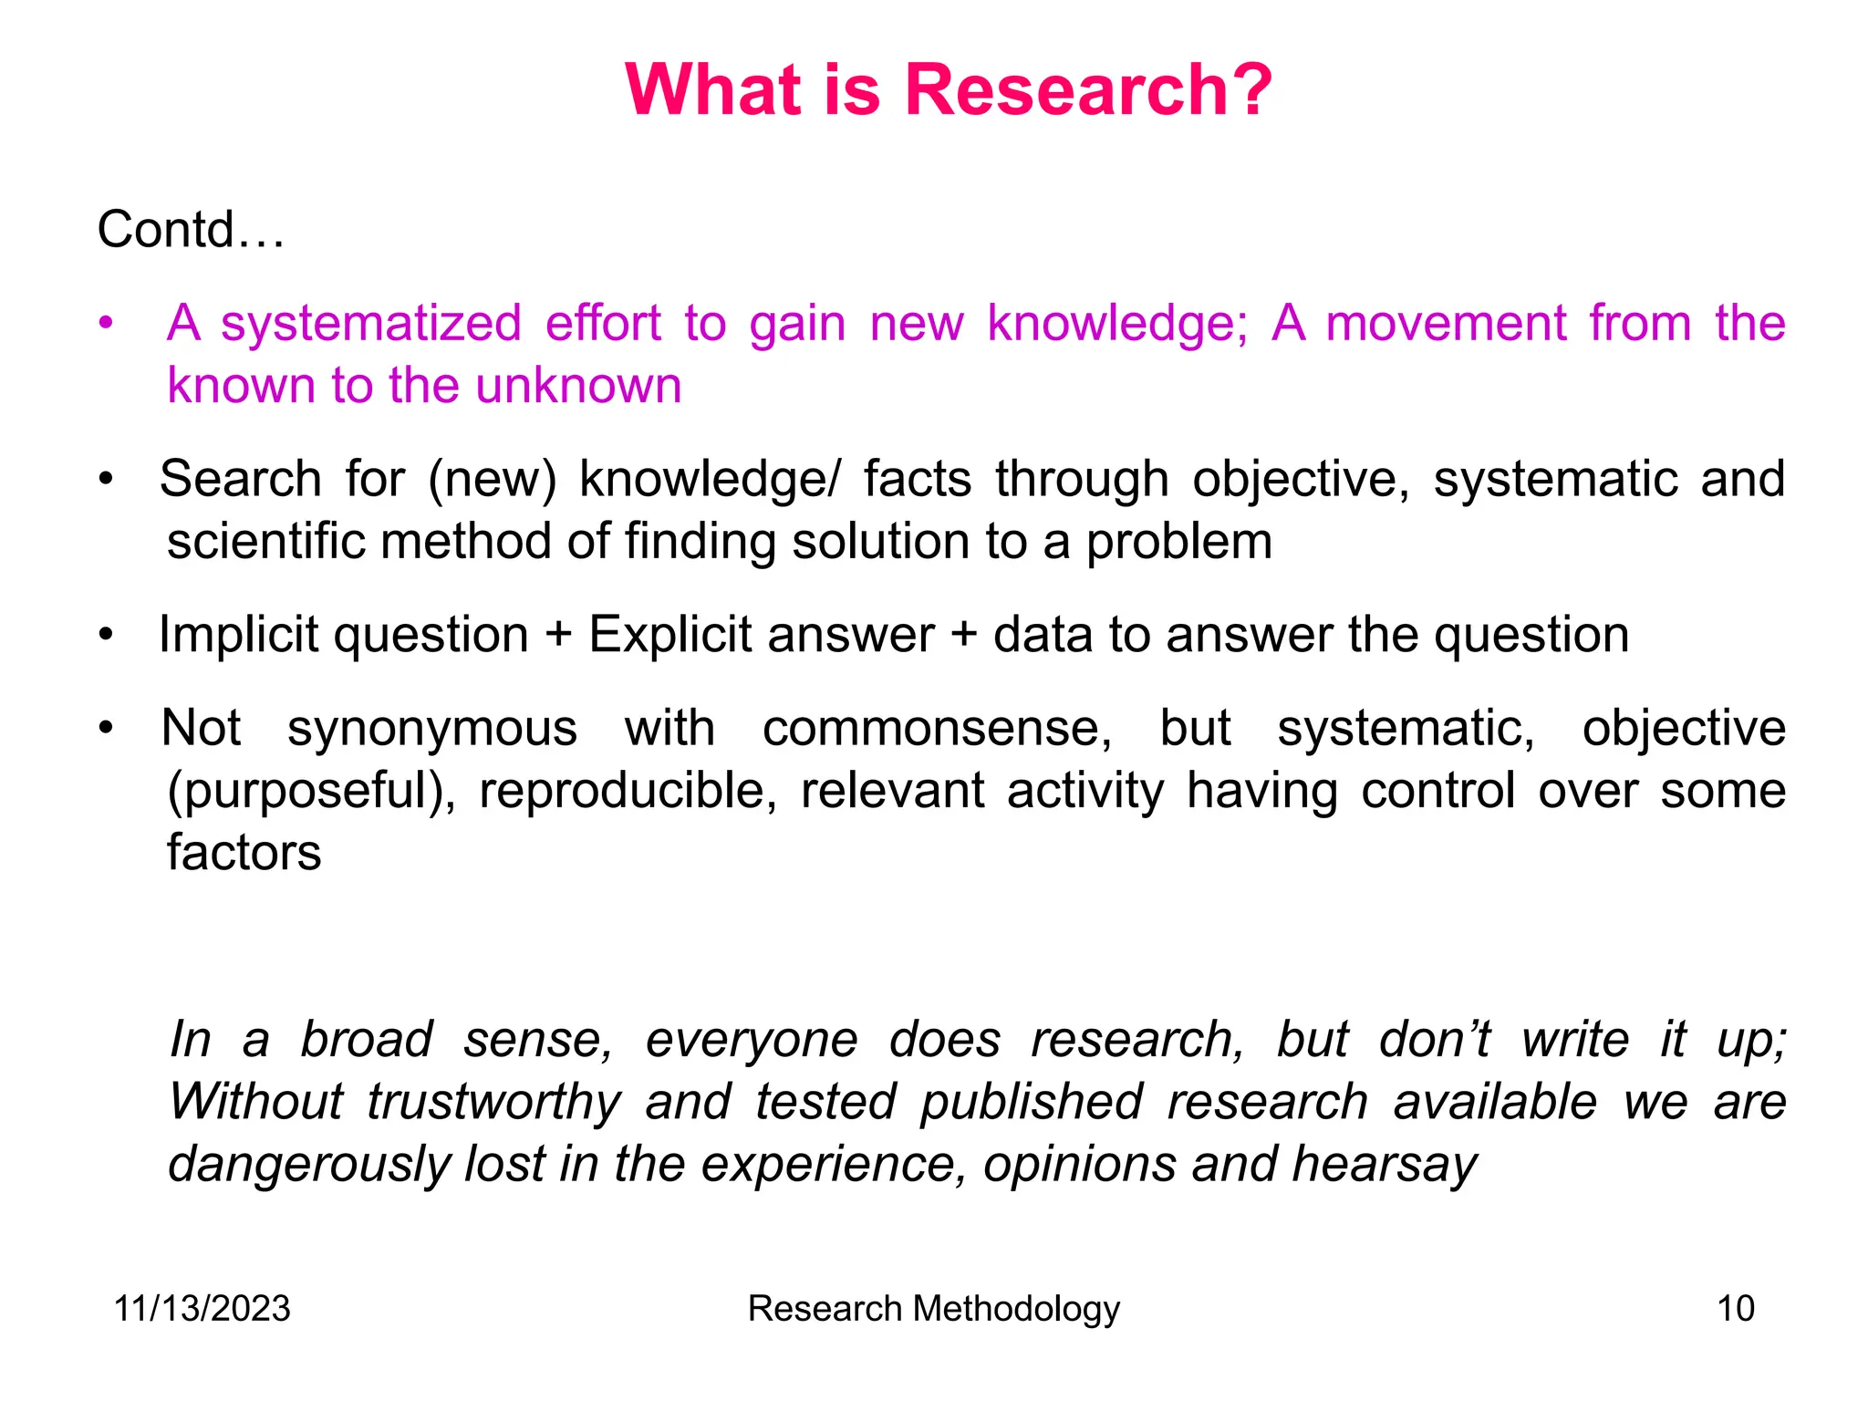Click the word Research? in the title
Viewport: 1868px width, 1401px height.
[x=1087, y=90]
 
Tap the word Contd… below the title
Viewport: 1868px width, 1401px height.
[x=191, y=229]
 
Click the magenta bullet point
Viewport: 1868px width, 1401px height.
[x=107, y=323]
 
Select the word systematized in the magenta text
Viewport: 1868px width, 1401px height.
[x=370, y=324]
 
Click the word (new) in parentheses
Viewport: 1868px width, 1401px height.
[x=492, y=480]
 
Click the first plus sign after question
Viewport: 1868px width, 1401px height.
[x=558, y=636]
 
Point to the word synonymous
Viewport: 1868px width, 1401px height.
[x=432, y=729]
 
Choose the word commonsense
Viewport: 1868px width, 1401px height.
[x=937, y=729]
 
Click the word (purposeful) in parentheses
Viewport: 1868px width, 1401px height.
[x=311, y=791]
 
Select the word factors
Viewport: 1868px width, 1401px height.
[x=244, y=853]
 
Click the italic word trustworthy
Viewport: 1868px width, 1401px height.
[x=494, y=1102]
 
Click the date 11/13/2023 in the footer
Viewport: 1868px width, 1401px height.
[x=202, y=1309]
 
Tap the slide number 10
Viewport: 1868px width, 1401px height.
[x=1736, y=1309]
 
